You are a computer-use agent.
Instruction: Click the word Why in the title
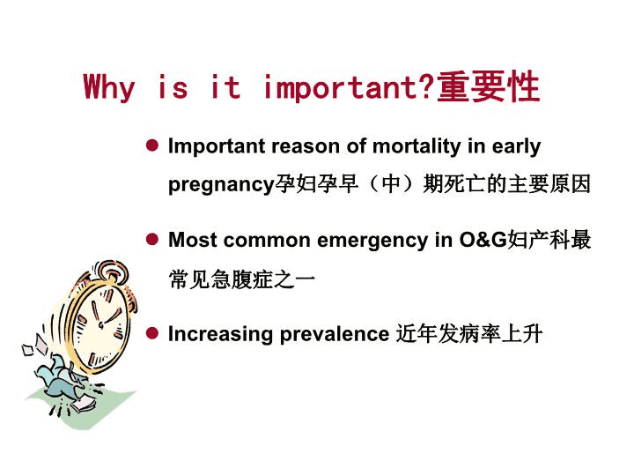(109, 87)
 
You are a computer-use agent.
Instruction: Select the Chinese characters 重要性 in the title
(489, 86)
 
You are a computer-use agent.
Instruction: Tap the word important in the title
(340, 87)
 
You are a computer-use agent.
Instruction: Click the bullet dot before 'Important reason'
(152, 145)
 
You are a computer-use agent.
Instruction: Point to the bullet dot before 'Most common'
(152, 239)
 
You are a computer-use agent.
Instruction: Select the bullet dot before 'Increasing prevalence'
(152, 333)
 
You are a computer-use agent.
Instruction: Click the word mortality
(417, 146)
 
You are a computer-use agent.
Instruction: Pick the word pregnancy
(221, 185)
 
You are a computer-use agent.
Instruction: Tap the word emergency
(372, 241)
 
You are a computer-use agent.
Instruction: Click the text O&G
(483, 239)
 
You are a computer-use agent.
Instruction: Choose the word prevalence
(335, 335)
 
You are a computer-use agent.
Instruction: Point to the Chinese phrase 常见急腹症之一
(242, 279)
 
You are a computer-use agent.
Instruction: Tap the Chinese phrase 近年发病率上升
(469, 334)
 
